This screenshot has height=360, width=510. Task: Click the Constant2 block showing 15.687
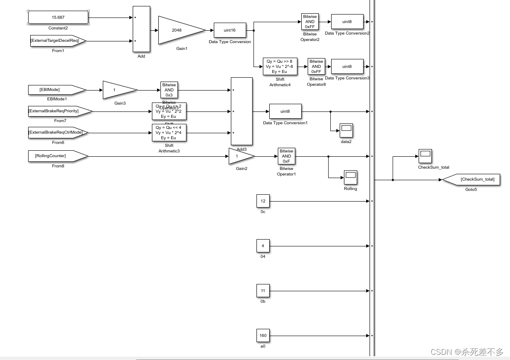point(58,18)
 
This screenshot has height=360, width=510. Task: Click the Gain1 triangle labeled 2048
point(177,30)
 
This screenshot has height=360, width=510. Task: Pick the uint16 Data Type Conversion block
point(230,30)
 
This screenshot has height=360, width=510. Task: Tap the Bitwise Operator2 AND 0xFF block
point(310,21)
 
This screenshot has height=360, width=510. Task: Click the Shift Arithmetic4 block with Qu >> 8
point(280,67)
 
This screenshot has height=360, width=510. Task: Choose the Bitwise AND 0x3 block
point(169,90)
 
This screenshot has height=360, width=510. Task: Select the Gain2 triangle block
point(239,156)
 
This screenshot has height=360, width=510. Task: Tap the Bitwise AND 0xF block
point(286,156)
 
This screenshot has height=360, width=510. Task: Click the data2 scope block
point(346,130)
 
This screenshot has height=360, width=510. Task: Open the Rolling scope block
point(350,177)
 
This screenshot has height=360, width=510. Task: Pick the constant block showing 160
point(263,336)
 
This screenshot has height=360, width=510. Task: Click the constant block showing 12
point(263,201)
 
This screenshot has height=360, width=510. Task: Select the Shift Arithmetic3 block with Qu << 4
point(169,132)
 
